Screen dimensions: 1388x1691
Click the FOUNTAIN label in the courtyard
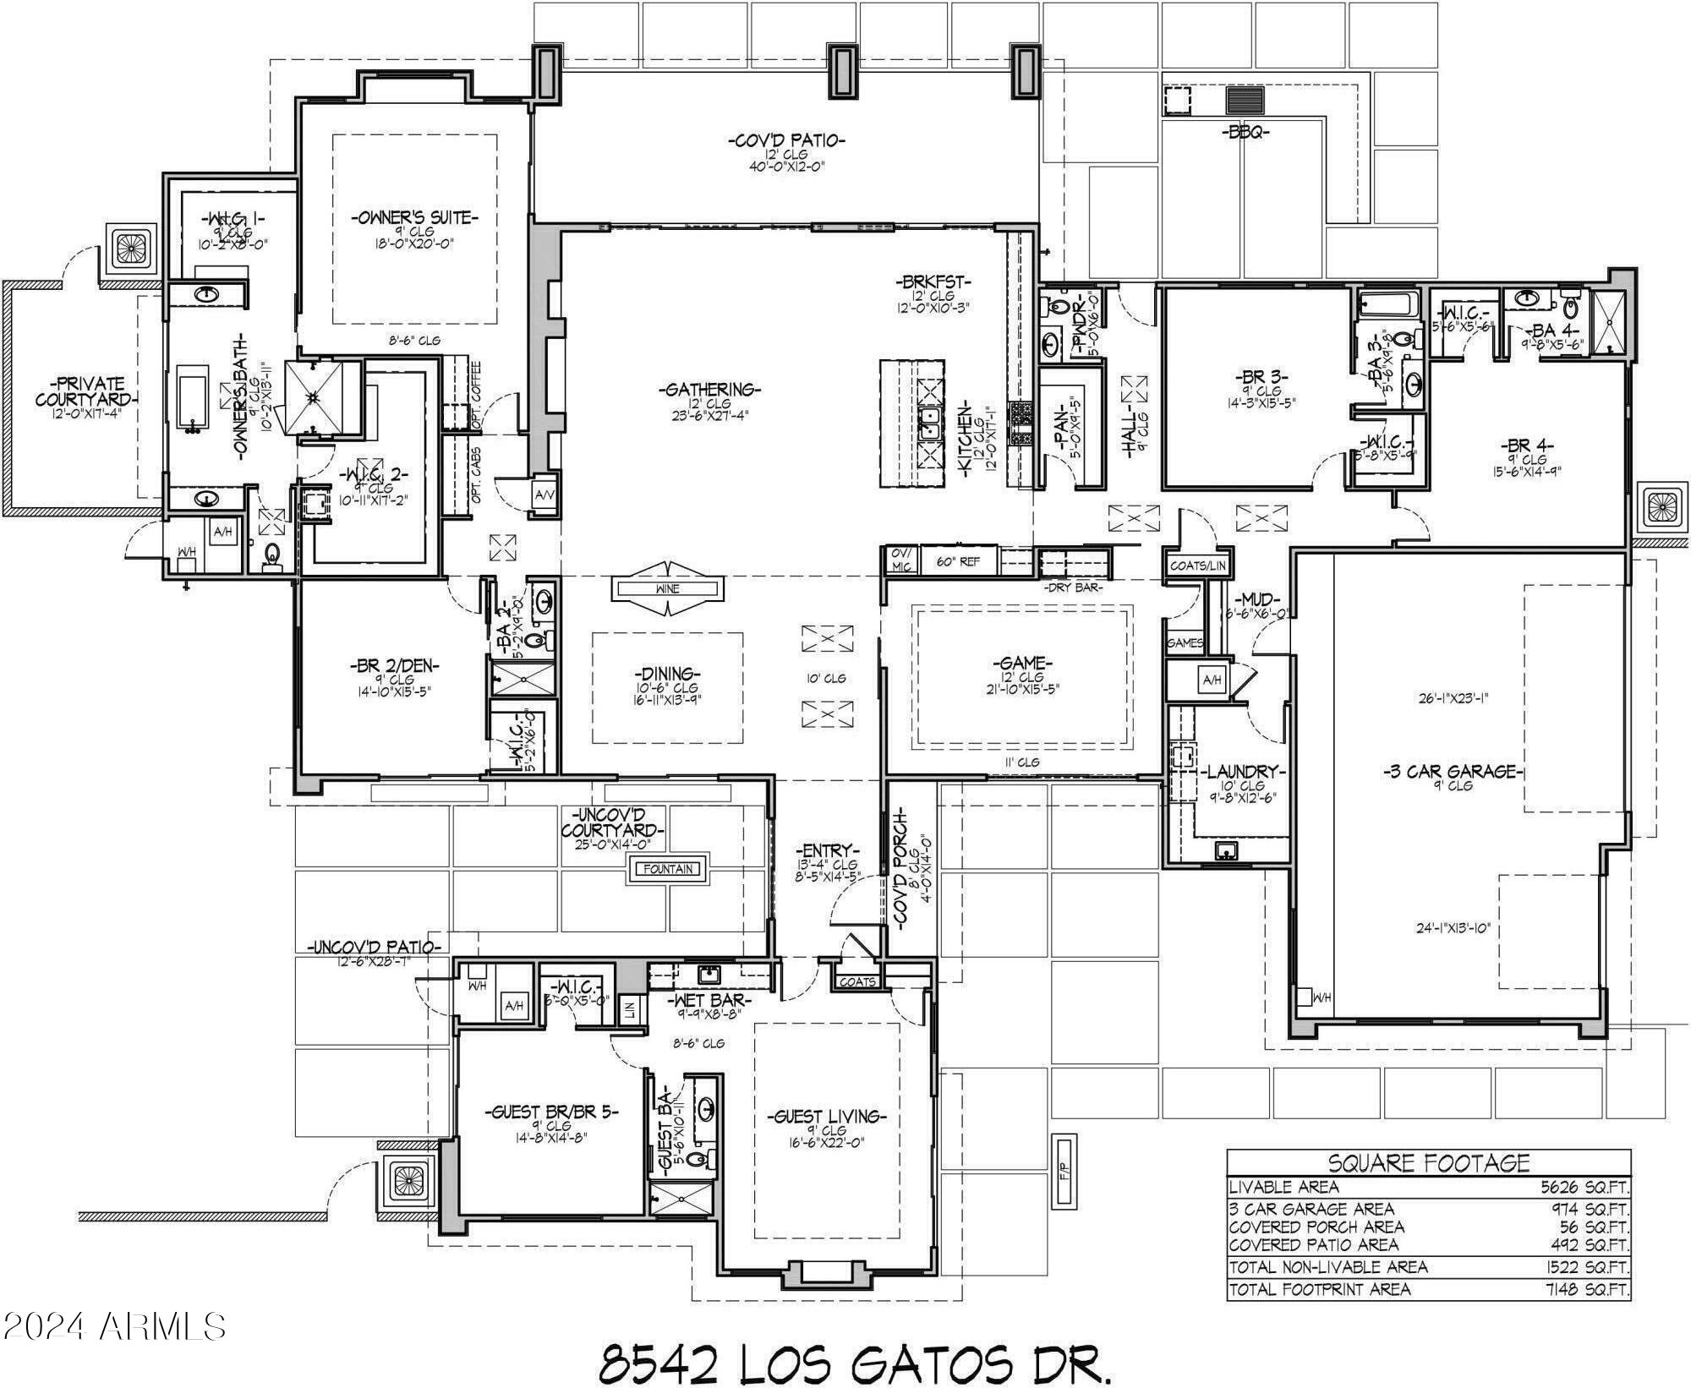coord(668,868)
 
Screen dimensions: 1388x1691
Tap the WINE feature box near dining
coord(667,588)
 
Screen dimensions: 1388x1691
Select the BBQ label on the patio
coord(1245,132)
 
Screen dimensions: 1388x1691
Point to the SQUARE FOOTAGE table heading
coord(1428,1164)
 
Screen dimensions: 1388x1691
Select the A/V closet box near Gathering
coord(544,495)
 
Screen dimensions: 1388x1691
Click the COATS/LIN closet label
coord(1198,566)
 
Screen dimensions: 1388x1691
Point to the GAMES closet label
coord(1184,643)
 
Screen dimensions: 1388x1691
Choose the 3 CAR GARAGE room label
coord(1453,771)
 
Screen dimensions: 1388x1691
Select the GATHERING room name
coord(709,390)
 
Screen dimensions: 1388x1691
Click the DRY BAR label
coord(1073,587)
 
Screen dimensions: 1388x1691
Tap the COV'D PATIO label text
coord(786,140)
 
